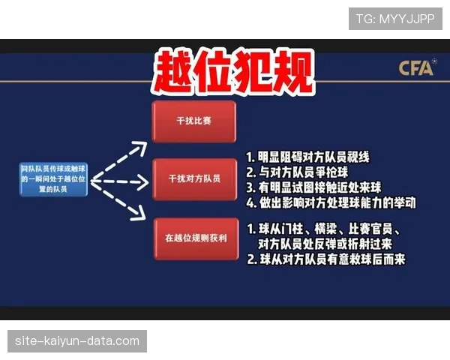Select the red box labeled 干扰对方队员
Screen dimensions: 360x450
[193, 179]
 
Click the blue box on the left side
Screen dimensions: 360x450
[54, 180]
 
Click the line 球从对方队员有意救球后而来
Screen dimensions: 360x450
[325, 259]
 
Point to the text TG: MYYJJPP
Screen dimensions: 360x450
[395, 17]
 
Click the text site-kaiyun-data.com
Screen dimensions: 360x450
[77, 341]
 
